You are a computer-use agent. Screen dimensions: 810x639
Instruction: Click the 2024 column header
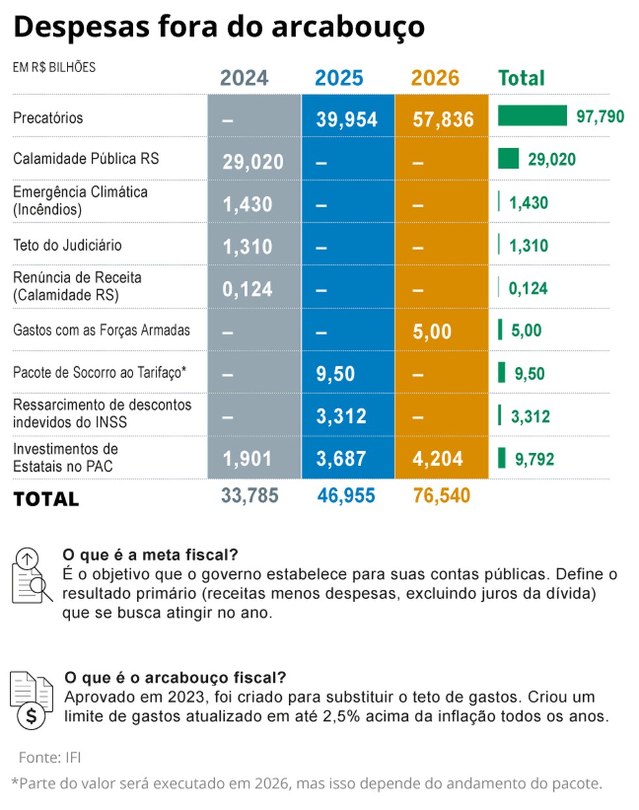(244, 78)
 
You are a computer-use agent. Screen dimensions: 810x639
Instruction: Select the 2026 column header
(434, 78)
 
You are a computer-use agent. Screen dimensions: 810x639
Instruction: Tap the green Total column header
(521, 78)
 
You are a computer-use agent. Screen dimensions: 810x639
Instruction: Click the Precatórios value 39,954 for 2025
(346, 120)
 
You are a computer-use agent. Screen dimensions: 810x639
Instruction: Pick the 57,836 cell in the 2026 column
(443, 120)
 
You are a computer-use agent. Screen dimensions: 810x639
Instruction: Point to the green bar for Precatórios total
(532, 116)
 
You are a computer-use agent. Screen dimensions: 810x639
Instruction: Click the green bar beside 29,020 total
(508, 158)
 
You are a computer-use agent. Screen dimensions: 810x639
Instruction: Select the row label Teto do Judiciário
(68, 245)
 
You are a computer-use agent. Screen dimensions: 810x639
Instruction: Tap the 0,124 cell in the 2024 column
(247, 289)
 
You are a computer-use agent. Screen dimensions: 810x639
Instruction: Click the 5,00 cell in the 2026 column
(432, 332)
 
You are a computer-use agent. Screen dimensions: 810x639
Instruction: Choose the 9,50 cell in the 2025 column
(335, 374)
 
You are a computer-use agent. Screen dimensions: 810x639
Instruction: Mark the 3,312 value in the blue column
(341, 416)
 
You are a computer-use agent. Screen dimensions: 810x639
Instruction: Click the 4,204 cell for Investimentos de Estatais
(437, 459)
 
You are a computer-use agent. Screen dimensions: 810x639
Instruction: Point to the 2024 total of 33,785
(249, 496)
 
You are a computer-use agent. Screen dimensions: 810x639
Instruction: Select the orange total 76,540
(441, 496)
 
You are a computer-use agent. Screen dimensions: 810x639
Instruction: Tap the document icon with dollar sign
(31, 699)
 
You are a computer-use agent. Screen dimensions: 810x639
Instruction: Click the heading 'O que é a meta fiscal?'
(150, 555)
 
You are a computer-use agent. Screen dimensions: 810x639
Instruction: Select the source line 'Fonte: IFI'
(50, 757)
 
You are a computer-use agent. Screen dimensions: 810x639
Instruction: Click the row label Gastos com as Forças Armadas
(101, 330)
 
